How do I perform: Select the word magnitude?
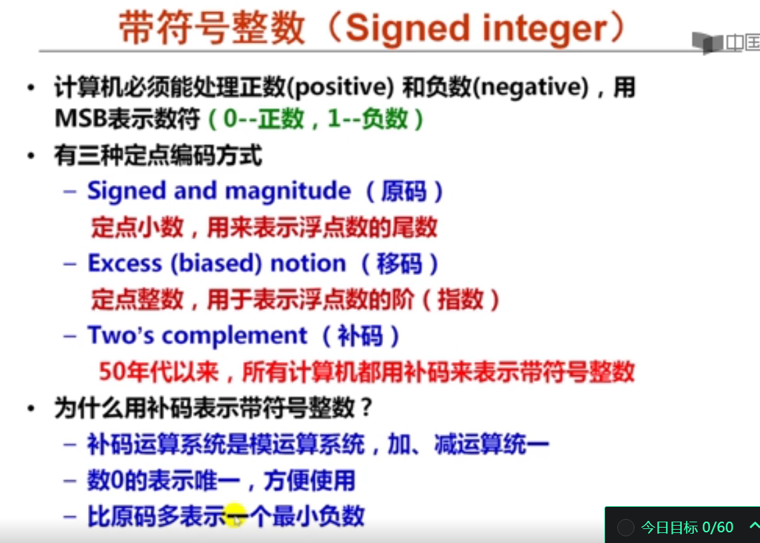pyautogui.click(x=288, y=191)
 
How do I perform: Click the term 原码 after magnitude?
pyautogui.click(x=404, y=191)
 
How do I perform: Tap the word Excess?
pyautogui.click(x=125, y=264)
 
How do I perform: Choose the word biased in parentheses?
pyautogui.click(x=216, y=264)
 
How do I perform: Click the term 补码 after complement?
pyautogui.click(x=360, y=336)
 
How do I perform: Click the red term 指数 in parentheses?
pyautogui.click(x=460, y=299)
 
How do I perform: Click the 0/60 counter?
pyautogui.click(x=718, y=527)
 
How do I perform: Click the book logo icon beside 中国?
pyautogui.click(x=708, y=43)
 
